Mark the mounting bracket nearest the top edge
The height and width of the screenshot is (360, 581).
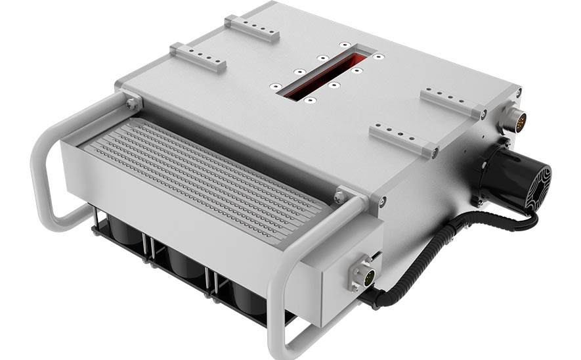click(252, 29)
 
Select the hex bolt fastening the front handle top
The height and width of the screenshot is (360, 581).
click(339, 196)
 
